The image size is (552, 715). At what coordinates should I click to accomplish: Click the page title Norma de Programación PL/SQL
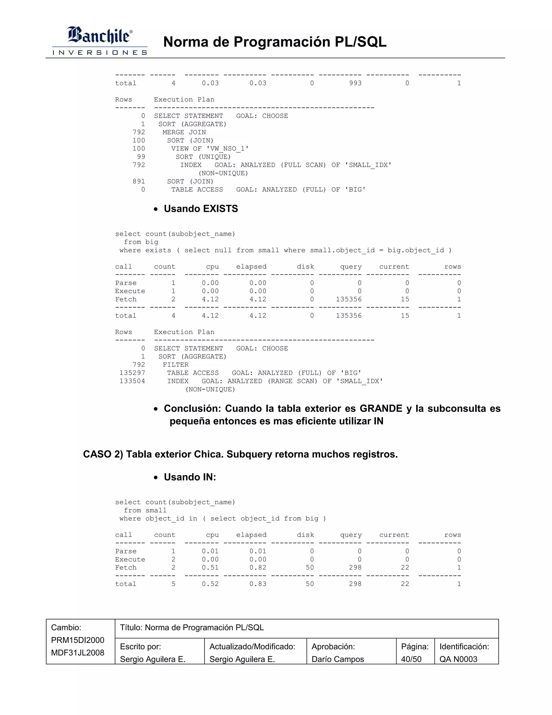[275, 42]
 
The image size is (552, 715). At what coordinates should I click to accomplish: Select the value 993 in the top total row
[355, 83]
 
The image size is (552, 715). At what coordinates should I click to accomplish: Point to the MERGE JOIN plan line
[184, 132]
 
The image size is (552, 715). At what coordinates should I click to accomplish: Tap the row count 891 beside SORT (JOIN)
[139, 181]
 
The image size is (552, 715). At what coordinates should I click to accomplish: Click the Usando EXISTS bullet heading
[201, 209]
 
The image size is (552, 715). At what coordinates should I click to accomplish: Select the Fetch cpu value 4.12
[210, 299]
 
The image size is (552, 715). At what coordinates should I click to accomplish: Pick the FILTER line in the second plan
[176, 365]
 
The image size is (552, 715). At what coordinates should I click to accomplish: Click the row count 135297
[132, 373]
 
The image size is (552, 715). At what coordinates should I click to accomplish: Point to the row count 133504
[132, 381]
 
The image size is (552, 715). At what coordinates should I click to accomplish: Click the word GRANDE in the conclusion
[381, 408]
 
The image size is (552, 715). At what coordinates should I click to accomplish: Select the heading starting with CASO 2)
[240, 454]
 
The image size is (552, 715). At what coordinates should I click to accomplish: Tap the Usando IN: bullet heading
[190, 477]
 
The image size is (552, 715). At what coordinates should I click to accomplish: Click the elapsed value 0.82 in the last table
[258, 568]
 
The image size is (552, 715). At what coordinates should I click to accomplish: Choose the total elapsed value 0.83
[258, 584]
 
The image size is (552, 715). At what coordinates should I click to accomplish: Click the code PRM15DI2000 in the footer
[78, 640]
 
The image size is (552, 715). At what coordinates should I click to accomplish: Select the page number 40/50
[411, 659]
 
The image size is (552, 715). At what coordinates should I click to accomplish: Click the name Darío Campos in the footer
[337, 659]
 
